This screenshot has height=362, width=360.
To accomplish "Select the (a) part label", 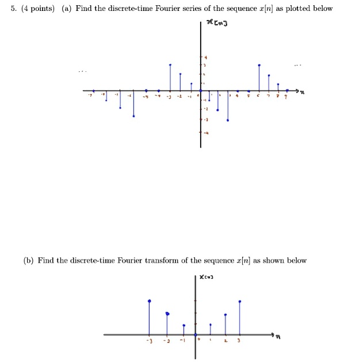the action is [67, 9].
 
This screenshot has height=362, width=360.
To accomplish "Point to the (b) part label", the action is [28, 260].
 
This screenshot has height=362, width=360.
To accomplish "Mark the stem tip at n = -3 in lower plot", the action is [150, 301].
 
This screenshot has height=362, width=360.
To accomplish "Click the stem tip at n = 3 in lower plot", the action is [240, 301].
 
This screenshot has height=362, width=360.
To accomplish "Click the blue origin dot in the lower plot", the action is [196, 335].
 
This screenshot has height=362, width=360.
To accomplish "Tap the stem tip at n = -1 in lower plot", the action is [183, 325].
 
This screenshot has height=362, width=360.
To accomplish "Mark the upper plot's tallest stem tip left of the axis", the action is [170, 65].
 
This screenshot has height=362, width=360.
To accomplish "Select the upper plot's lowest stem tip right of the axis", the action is [228, 121].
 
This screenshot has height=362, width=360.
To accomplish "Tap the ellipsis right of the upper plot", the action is [297, 64].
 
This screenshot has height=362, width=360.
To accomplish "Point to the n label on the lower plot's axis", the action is [278, 338].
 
